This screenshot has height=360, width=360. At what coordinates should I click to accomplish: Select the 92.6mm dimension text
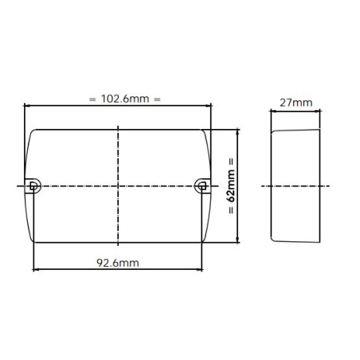[x=118, y=261]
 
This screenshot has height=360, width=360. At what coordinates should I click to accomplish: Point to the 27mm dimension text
[x=295, y=103]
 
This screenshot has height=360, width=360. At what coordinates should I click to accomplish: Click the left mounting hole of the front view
[x=33, y=186]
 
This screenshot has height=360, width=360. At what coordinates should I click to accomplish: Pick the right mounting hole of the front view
[x=202, y=186]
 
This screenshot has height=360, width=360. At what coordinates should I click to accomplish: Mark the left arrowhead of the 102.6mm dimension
[x=28, y=105]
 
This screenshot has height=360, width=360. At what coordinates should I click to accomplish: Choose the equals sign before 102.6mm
[x=92, y=100]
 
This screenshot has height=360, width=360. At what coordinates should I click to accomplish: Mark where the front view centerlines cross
[x=118, y=186]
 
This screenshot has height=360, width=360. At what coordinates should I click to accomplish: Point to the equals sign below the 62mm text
[x=230, y=212]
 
